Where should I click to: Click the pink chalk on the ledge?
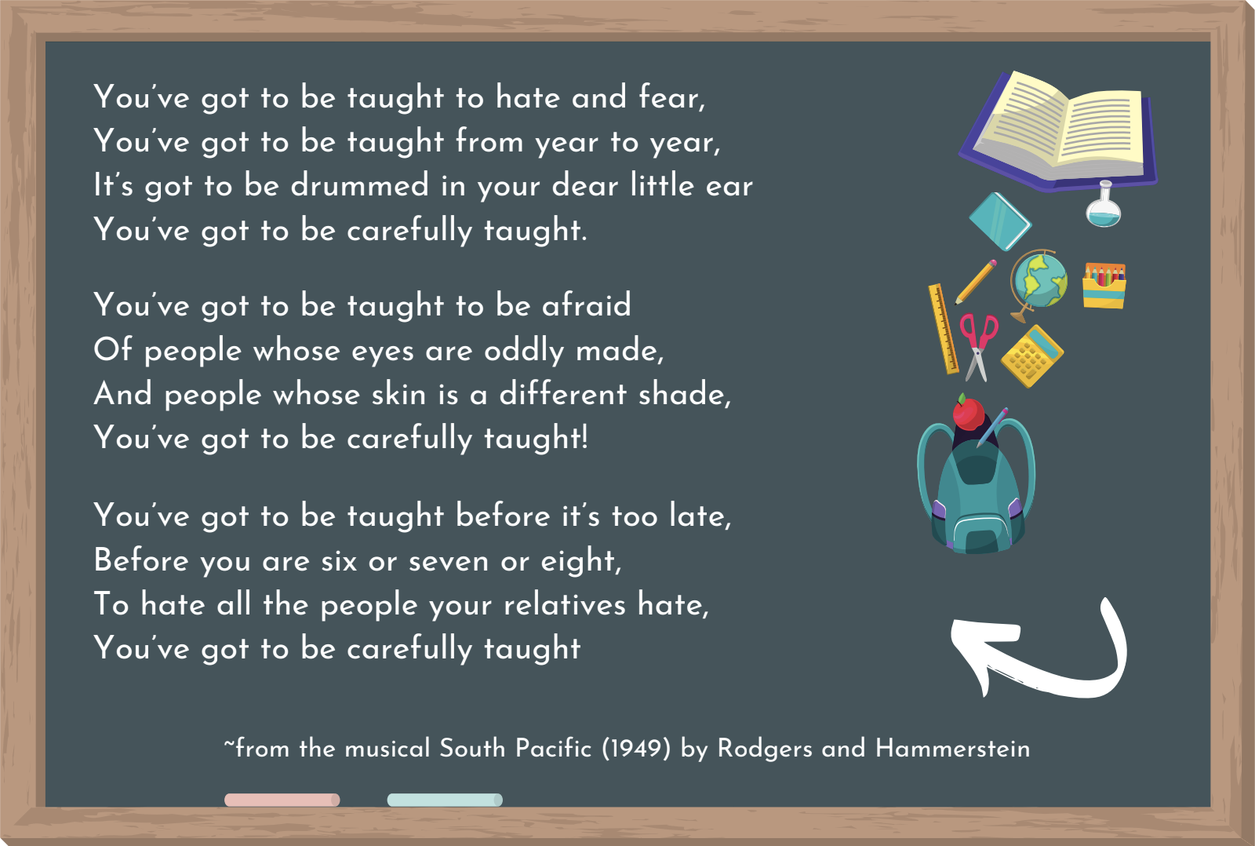pos(282,800)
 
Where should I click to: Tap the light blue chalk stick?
pos(445,800)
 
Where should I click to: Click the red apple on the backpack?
pos(968,412)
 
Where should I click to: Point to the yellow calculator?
pos(1032,356)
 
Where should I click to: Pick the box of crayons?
pos(1104,286)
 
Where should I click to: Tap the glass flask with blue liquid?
pos(1103,204)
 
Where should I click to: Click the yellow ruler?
pos(943,329)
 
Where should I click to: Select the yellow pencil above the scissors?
pos(976,282)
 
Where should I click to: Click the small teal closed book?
pos(1000,221)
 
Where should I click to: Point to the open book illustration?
pos(1058,131)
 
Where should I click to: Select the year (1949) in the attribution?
pos(636,749)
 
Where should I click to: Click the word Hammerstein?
pos(952,749)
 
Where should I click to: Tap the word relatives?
pos(564,604)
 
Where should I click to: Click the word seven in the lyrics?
pos(448,561)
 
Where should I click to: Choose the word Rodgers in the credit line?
pos(765,749)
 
